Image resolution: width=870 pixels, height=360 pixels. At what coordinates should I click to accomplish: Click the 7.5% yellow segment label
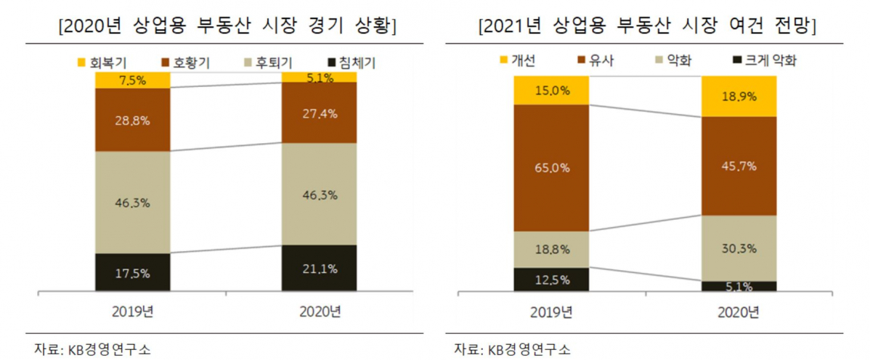131,80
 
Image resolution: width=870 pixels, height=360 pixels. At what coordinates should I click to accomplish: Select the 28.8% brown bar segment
131,120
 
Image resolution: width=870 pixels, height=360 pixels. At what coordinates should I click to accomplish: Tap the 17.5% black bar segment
131,273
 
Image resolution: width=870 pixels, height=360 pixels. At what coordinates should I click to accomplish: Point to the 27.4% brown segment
319,112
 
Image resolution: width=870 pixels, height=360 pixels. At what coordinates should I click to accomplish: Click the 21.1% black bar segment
319,269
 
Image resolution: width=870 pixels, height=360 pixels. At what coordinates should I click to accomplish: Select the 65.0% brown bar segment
550,168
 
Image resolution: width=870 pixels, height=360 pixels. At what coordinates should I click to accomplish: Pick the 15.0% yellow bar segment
550,91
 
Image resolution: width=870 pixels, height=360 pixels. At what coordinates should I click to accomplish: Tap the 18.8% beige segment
550,249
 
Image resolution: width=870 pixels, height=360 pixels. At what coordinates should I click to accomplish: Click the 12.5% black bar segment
550,279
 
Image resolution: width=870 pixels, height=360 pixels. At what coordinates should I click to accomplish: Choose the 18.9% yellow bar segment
738,96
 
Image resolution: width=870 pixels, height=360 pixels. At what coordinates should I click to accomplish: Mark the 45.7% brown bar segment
738,166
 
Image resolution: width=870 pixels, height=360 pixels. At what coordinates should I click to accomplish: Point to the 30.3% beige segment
738,248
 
